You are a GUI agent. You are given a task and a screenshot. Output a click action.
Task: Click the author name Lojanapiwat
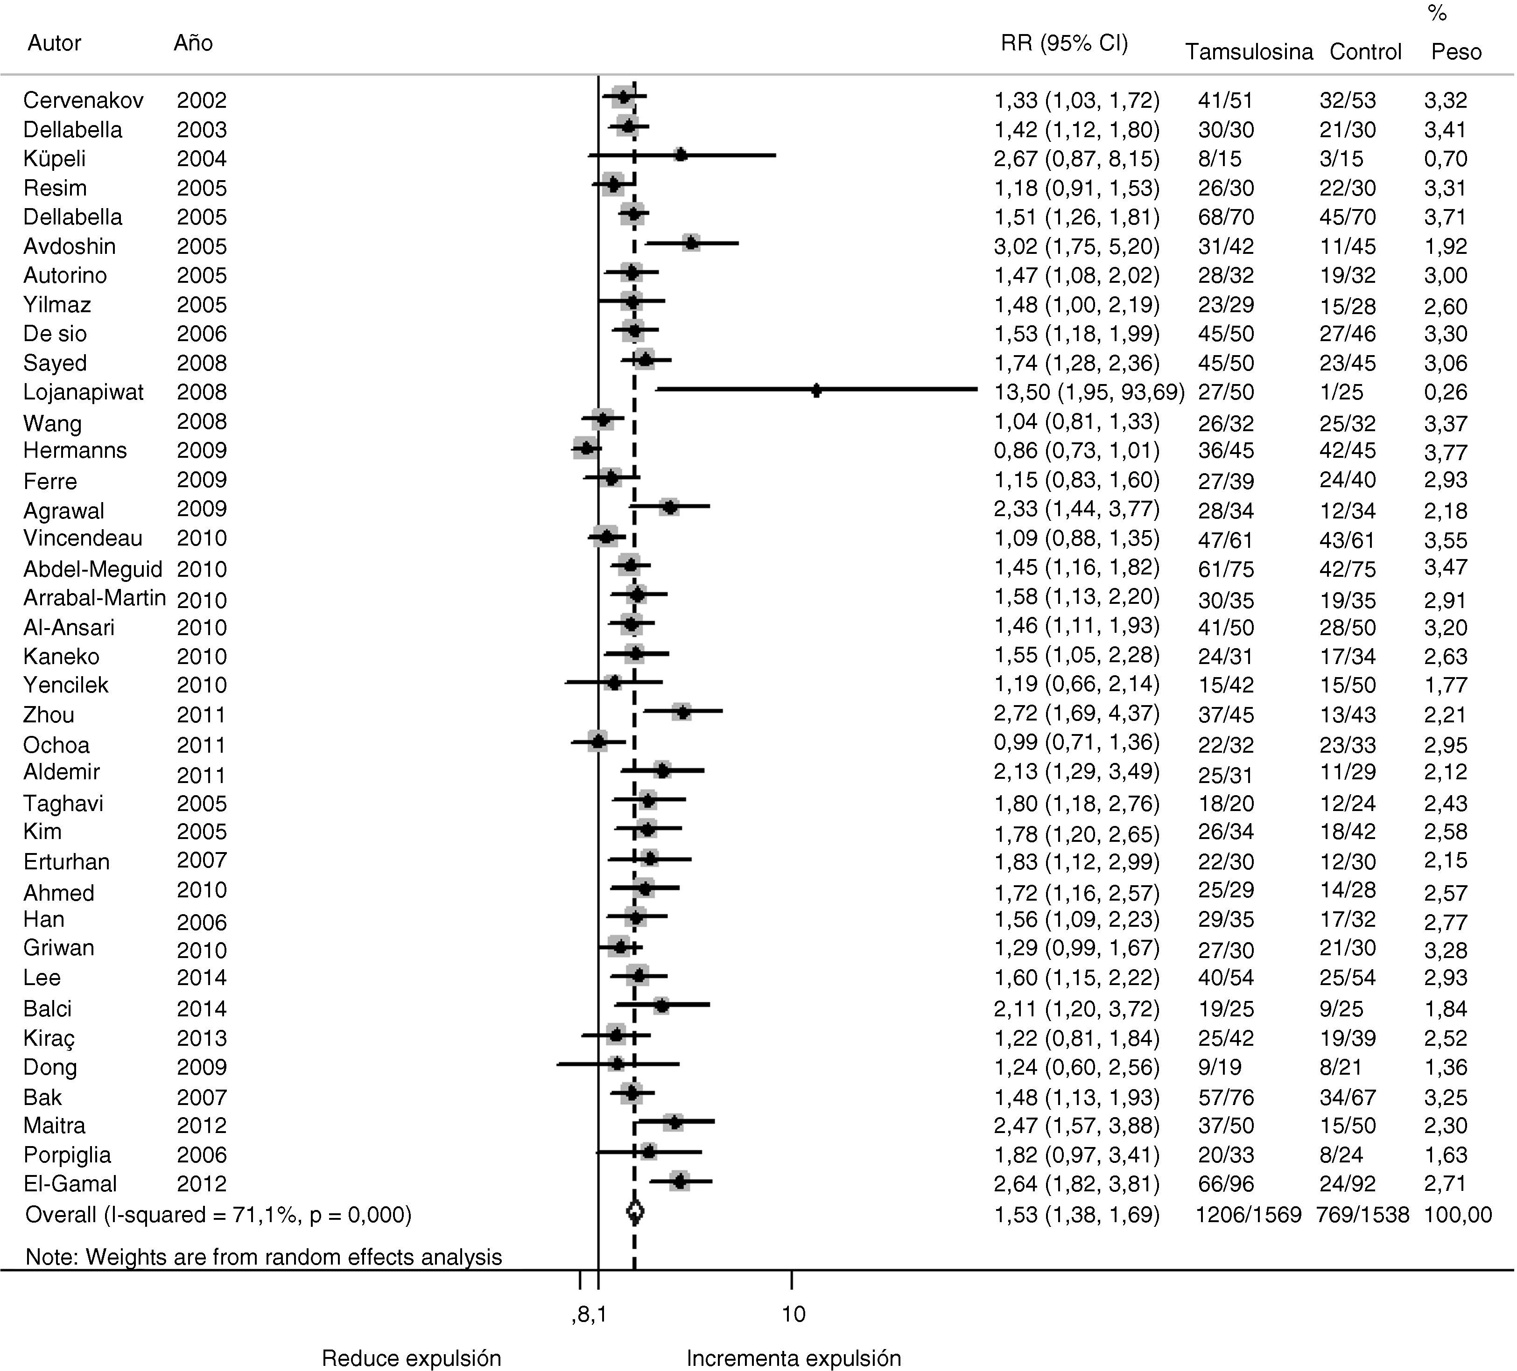[84, 392]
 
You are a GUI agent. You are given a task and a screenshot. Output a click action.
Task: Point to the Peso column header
[1456, 52]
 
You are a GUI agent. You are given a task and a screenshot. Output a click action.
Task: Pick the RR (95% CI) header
[1064, 44]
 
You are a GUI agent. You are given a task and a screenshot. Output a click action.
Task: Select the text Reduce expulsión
[412, 1358]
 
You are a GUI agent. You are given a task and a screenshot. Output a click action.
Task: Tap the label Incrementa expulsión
[794, 1358]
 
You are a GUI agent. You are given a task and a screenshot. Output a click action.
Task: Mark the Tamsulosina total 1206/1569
[1248, 1215]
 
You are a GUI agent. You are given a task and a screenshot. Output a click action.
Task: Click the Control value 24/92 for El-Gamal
[1347, 1183]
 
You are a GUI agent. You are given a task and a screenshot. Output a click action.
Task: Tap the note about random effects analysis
[263, 1257]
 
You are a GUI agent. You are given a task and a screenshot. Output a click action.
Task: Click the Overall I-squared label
[218, 1215]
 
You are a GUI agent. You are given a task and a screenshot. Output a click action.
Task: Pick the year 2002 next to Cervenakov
[202, 100]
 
